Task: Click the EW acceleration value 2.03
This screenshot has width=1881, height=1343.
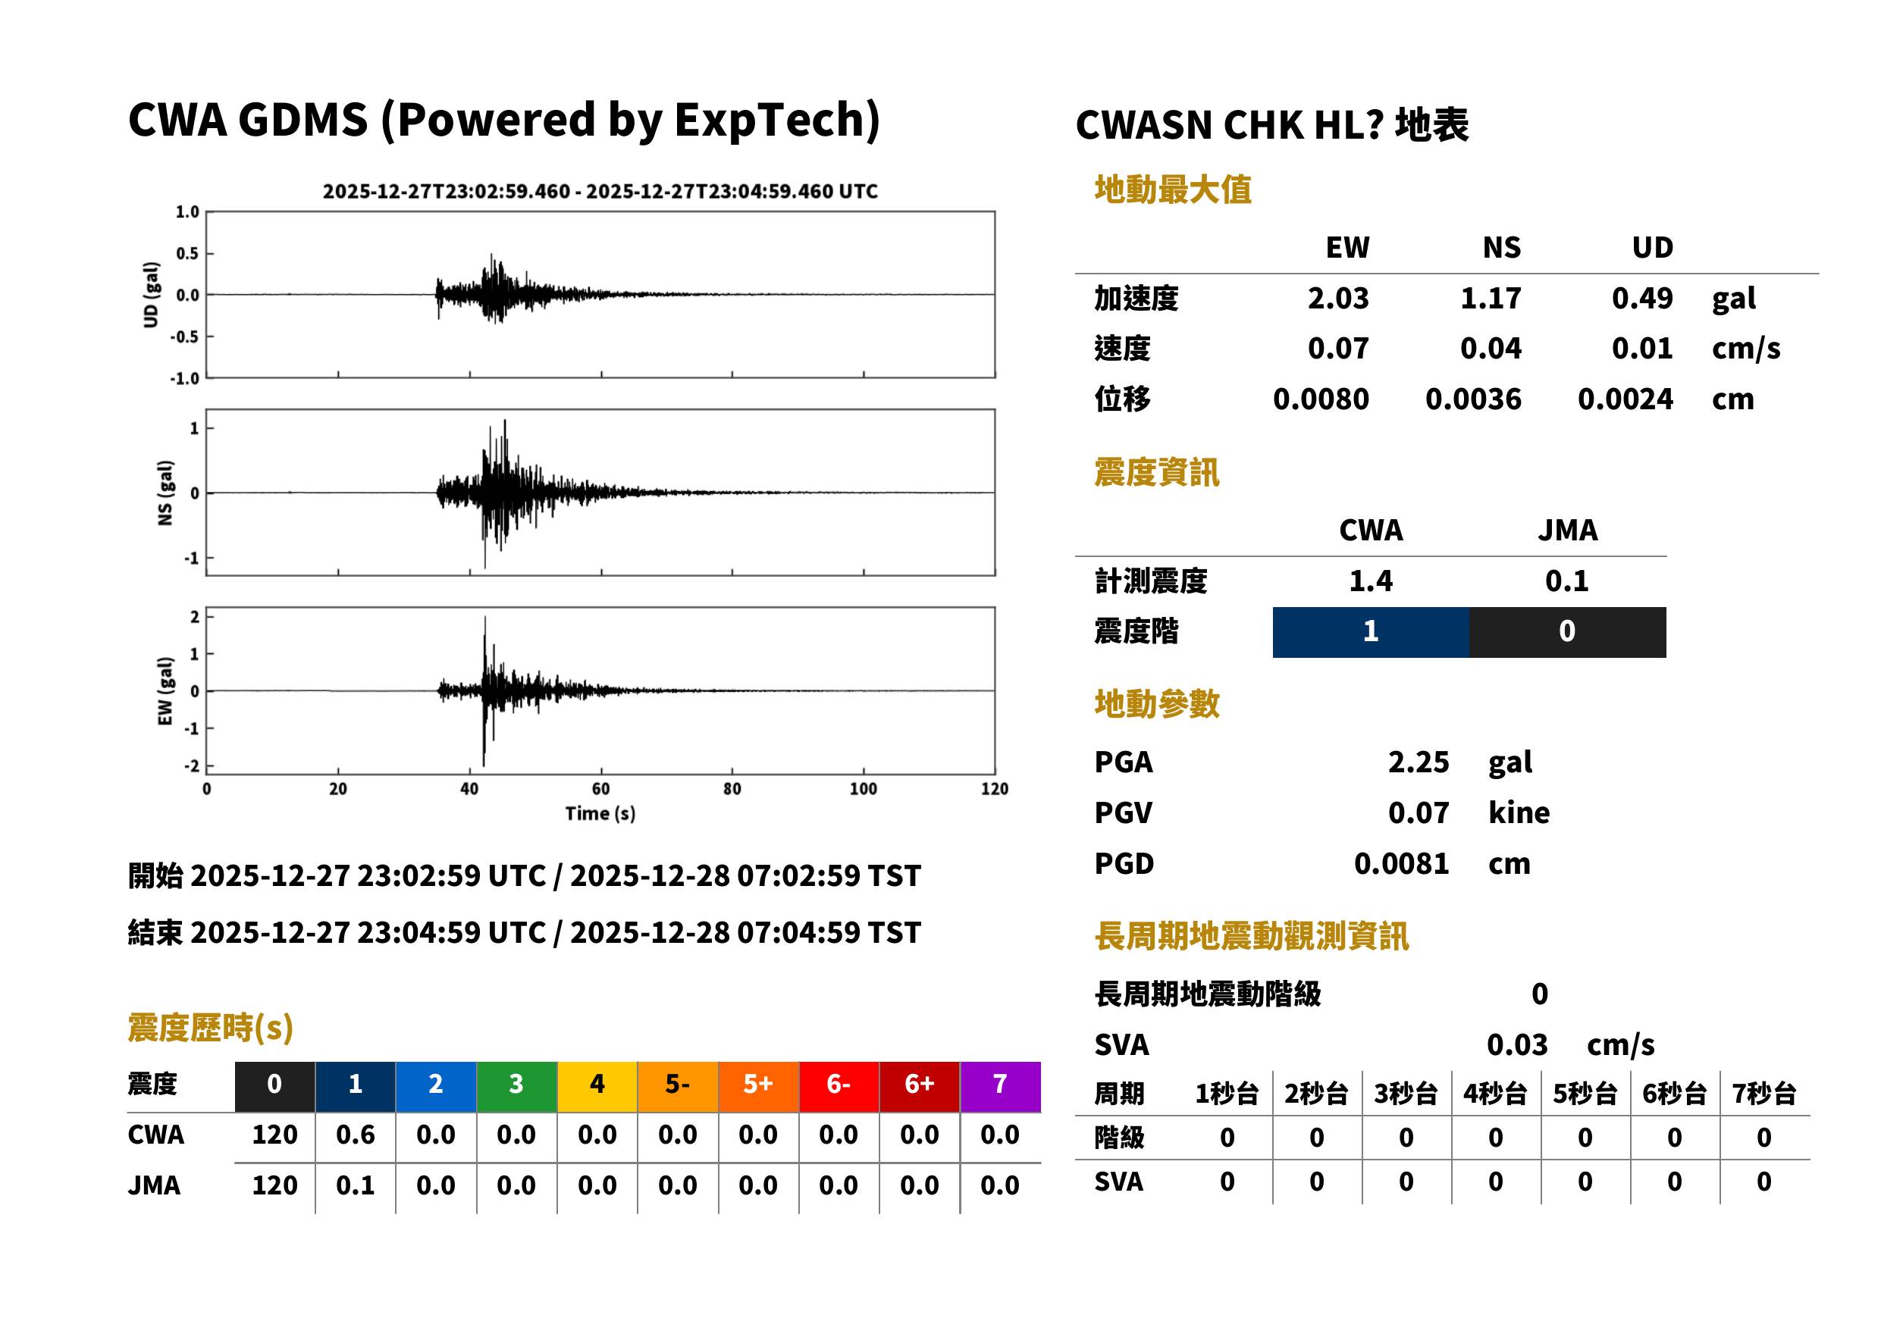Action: coord(1337,298)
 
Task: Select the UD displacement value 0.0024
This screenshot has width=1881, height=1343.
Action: coord(1625,399)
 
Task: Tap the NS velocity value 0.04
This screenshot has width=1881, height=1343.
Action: coord(1491,348)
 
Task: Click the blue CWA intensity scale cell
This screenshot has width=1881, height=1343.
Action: coord(1371,632)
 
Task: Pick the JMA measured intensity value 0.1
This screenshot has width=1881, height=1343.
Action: coord(1566,581)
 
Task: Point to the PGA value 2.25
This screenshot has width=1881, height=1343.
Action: coord(1419,762)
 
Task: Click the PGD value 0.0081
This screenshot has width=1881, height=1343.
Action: coord(1402,863)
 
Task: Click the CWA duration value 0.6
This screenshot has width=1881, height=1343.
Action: coord(355,1135)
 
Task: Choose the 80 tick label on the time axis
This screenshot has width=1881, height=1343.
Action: coord(732,789)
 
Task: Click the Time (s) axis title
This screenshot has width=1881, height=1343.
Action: coord(600,814)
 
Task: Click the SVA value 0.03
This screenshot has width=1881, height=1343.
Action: coord(1517,1044)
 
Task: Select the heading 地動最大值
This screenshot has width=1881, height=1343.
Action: coord(1173,189)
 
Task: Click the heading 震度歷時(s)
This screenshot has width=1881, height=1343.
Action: coord(211,1028)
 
